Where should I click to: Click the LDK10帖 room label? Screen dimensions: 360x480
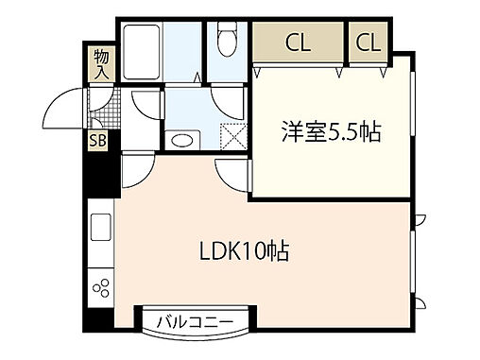click(243, 252)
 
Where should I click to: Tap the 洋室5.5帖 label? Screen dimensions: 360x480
click(331, 134)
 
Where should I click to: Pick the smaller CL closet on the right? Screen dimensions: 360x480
click(369, 42)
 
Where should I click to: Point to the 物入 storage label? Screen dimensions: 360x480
click(101, 64)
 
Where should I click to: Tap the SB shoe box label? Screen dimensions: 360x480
click(96, 142)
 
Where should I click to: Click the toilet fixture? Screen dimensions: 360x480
click(226, 41)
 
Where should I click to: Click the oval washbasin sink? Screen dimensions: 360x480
click(182, 140)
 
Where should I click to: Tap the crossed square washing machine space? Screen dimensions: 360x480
click(231, 136)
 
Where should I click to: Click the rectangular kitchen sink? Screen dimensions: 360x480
click(100, 230)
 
